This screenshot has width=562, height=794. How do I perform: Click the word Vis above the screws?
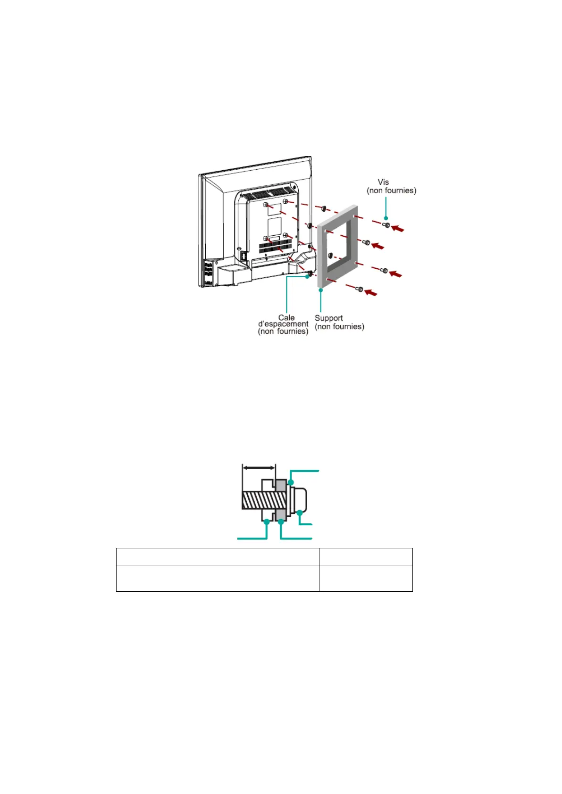click(x=383, y=182)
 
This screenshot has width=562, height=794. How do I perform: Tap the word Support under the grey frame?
click(x=328, y=318)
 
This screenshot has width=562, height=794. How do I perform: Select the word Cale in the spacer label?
click(x=286, y=318)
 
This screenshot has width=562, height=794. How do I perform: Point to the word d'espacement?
click(x=283, y=324)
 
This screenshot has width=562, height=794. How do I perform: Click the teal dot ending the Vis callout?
click(x=386, y=218)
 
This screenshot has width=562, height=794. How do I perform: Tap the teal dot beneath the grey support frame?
click(x=321, y=290)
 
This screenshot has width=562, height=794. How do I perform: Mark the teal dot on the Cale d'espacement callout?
click(x=307, y=277)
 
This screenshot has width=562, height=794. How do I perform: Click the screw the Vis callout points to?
click(x=386, y=225)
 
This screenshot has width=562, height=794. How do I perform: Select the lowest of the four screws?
click(x=360, y=289)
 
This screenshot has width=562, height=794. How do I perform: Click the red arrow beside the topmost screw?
click(x=398, y=229)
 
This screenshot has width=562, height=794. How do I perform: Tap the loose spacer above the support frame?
click(x=324, y=208)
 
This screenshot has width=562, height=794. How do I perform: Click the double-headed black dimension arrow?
click(x=258, y=468)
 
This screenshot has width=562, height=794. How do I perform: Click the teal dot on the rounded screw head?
click(x=299, y=513)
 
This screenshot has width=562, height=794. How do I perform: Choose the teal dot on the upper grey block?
click(x=291, y=482)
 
